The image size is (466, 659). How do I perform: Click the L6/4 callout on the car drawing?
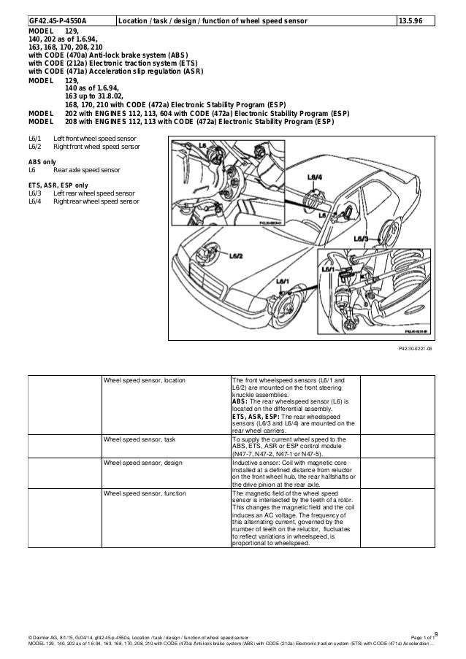[x=315, y=177]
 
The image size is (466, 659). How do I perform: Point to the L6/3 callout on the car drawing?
[x=362, y=238]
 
